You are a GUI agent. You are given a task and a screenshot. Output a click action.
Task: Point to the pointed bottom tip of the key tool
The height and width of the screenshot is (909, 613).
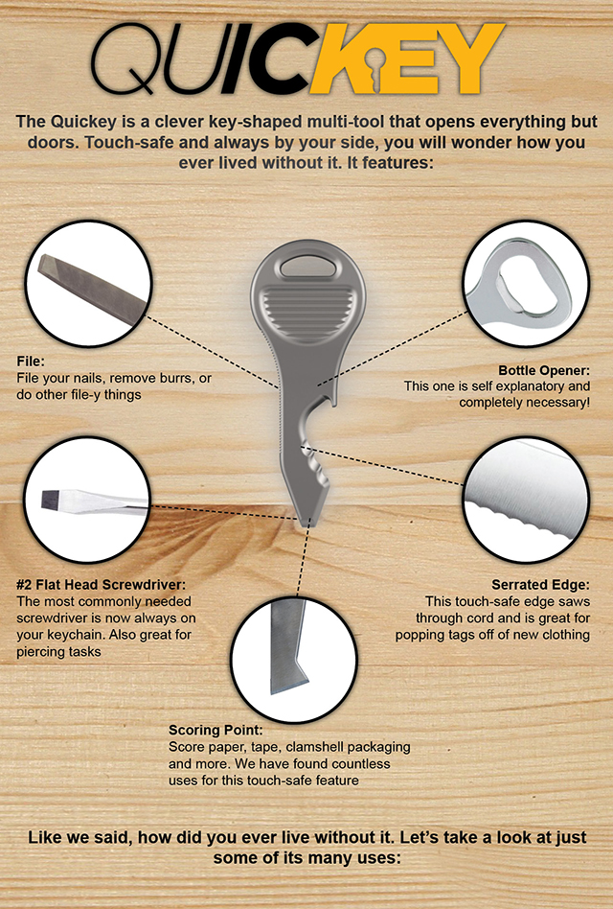[x=308, y=522]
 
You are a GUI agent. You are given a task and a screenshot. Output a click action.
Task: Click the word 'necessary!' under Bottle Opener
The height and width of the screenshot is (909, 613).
[x=555, y=403]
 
